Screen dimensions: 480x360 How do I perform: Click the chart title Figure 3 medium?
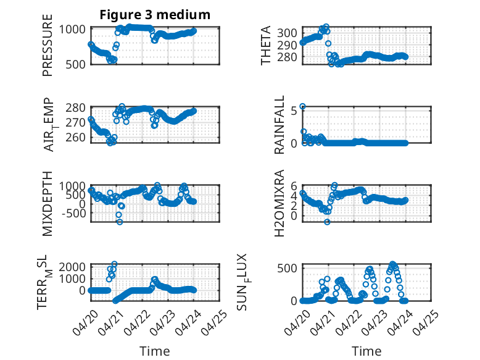click(x=155, y=15)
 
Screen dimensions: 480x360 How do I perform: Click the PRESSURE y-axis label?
click(x=48, y=45)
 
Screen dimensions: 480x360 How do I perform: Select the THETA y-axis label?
click(x=266, y=45)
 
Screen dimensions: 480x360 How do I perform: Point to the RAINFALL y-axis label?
click(x=279, y=125)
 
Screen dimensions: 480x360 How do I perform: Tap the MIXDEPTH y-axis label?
click(x=48, y=204)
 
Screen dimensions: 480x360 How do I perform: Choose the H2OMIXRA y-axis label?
click(x=279, y=203)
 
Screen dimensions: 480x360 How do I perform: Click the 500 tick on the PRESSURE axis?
click(x=75, y=64)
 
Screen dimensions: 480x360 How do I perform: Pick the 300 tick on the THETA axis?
click(x=287, y=33)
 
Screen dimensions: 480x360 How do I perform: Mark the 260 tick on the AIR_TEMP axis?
click(x=75, y=137)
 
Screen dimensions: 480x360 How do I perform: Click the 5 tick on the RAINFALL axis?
click(x=294, y=111)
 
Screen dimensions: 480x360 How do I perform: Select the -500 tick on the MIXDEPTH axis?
click(x=73, y=213)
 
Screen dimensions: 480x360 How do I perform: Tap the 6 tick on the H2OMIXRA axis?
click(x=294, y=186)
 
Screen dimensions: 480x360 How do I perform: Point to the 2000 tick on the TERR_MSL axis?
click(x=72, y=267)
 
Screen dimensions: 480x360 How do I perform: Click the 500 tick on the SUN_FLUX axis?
click(x=287, y=269)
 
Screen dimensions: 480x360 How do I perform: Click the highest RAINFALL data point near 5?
click(x=302, y=107)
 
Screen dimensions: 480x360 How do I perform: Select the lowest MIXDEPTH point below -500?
click(x=120, y=222)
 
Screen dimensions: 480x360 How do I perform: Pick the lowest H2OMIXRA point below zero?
click(x=327, y=222)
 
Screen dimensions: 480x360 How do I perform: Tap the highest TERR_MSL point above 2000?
click(x=114, y=264)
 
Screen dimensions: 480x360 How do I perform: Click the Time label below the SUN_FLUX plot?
click(x=366, y=351)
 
